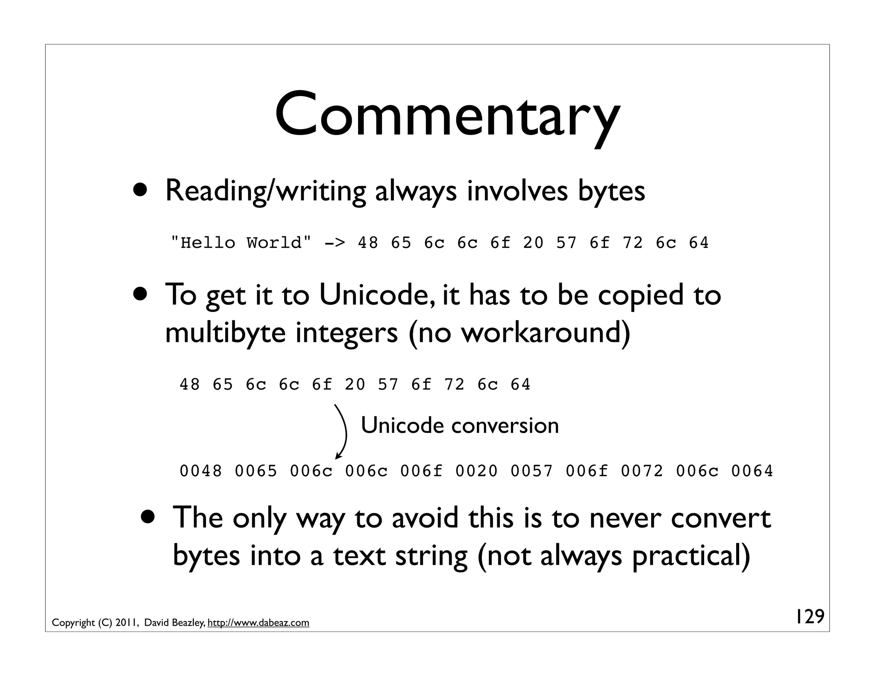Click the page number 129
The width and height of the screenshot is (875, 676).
click(809, 617)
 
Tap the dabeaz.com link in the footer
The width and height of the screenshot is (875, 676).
click(258, 623)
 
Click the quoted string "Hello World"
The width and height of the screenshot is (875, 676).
click(241, 243)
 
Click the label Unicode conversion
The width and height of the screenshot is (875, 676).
click(460, 426)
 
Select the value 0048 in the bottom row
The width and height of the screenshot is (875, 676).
click(201, 471)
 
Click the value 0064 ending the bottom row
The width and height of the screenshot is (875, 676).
click(752, 471)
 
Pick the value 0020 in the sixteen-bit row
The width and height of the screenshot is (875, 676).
click(476, 471)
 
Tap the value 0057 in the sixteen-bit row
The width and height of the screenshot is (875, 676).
click(531, 471)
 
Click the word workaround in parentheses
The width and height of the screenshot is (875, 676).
click(540, 332)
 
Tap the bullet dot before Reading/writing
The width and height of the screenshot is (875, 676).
click(141, 190)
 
